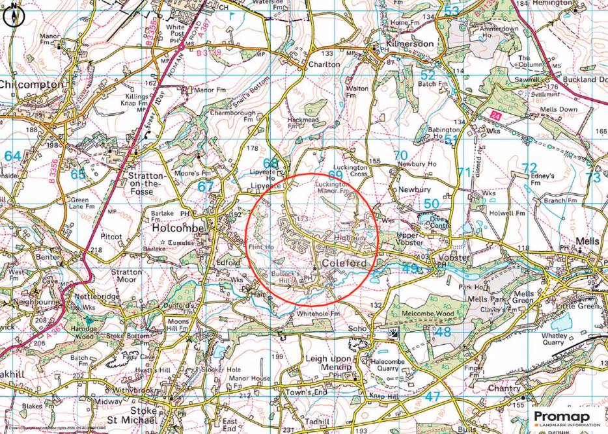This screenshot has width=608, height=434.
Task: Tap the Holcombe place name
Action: click(178, 229)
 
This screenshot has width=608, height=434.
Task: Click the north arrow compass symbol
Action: click(11, 18)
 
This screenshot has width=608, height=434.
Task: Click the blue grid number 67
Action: click(206, 186)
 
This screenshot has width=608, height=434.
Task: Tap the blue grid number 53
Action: click(451, 11)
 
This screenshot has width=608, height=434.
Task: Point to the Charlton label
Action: click(324, 64)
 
